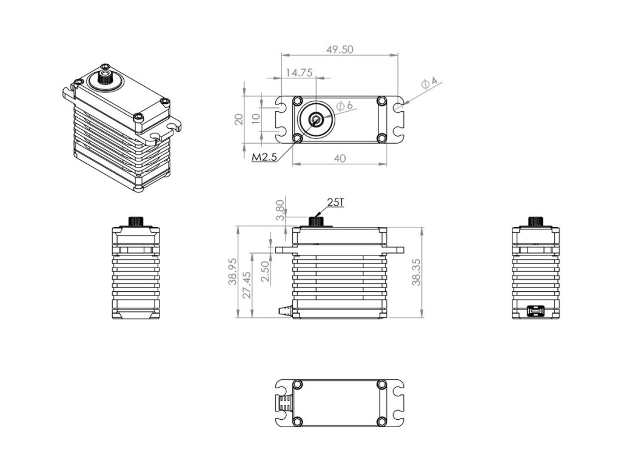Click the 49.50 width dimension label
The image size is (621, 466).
tap(340, 50)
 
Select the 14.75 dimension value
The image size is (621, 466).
tap(298, 73)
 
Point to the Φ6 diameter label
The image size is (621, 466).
tap(344, 106)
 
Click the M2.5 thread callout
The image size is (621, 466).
tap(264, 157)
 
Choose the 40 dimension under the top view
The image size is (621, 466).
tap(340, 158)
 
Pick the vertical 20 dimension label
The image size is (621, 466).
tap(238, 118)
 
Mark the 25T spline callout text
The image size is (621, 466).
tap(335, 202)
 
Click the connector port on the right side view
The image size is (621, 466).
tap(535, 312)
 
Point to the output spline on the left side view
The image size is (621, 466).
tap(135, 220)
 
